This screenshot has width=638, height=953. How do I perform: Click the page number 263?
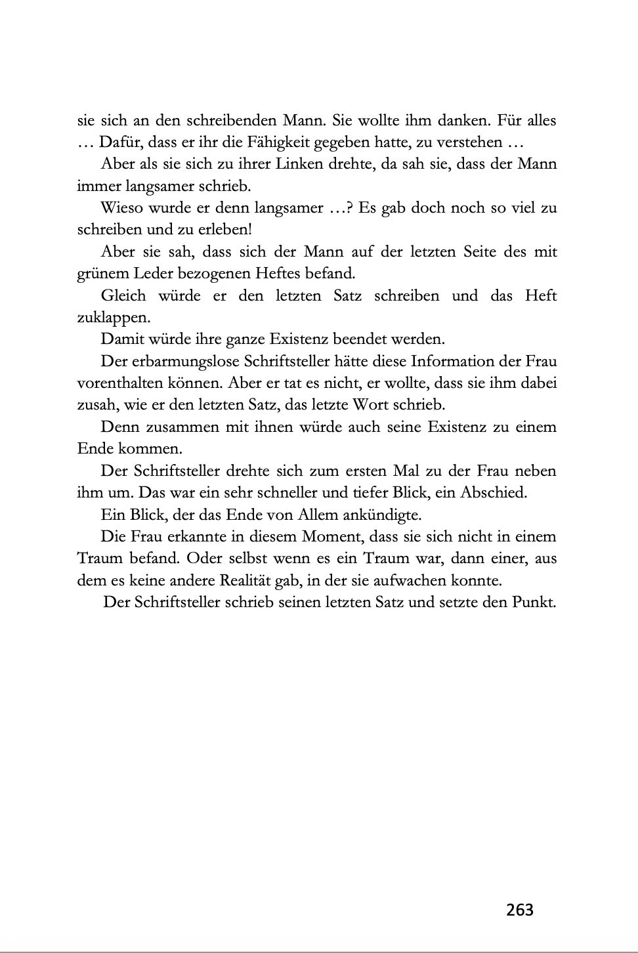pos(520,910)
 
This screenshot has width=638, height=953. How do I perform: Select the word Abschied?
pos(497,492)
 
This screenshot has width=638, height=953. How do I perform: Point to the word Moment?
pos(332,536)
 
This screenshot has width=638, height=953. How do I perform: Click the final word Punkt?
pos(533,602)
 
